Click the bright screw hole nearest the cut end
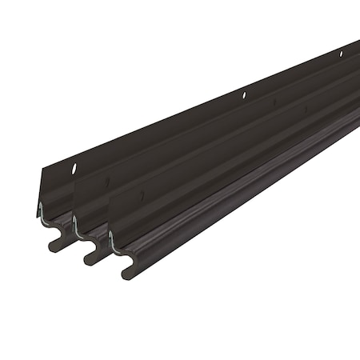coord(73,169)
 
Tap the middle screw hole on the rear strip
coord(244,95)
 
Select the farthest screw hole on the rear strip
coord(341,54)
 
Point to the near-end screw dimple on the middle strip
coord(107,182)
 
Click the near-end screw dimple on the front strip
coord(142,195)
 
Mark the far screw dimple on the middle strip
coord(274,102)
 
